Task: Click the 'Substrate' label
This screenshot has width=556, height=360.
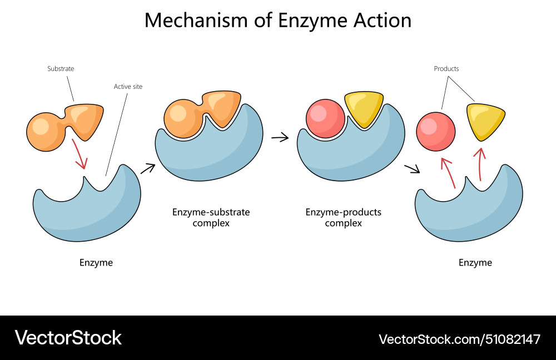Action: pos(61,69)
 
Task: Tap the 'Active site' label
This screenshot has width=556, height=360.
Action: pos(128,87)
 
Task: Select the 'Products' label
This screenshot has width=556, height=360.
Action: pos(446,69)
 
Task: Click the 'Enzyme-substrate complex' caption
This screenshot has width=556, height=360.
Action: pos(211,218)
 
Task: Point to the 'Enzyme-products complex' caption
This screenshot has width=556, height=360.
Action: pos(344,218)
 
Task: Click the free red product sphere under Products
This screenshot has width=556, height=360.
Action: pos(436,132)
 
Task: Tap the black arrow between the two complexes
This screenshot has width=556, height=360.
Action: pos(280,137)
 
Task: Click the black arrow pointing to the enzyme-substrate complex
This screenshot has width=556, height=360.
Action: pos(148,168)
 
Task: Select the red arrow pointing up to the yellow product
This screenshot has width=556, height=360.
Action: pos(481,164)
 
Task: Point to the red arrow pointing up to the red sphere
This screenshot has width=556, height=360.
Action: pos(449,173)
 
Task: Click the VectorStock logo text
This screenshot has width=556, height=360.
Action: pos(68,337)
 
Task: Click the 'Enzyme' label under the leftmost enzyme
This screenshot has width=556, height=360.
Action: pos(96,263)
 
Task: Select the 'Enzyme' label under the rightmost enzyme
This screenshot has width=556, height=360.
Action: pos(475,263)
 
